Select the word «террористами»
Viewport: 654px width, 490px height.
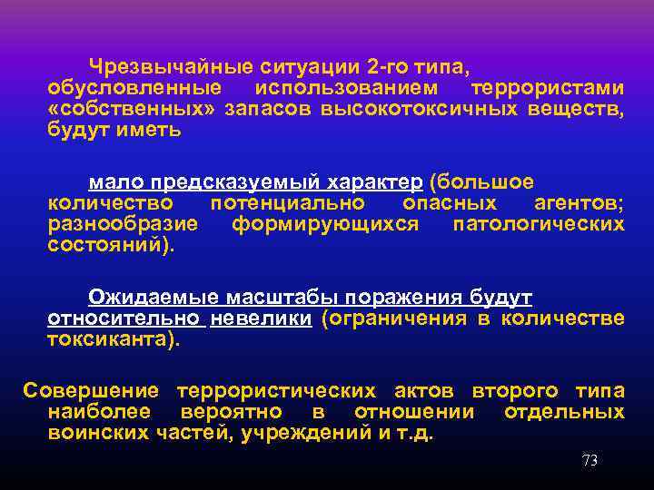(548, 89)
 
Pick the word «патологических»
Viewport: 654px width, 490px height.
(538, 223)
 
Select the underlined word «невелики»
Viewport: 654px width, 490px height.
(262, 318)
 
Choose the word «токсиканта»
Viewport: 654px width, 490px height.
(109, 339)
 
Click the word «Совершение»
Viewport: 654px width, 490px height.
(90, 392)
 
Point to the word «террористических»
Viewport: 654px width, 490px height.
(276, 392)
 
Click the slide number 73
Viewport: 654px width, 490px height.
(590, 461)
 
